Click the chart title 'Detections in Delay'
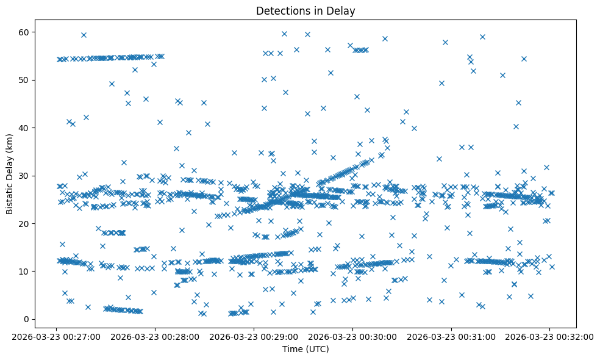point(305,11)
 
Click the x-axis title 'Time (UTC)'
point(305,349)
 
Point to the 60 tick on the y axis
point(26,32)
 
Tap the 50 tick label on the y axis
point(26,80)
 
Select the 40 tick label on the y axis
point(26,128)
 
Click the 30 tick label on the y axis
point(26,176)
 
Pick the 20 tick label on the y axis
point(26,223)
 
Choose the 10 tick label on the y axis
point(26,271)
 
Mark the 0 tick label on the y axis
point(28,319)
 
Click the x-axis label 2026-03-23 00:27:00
point(56,336)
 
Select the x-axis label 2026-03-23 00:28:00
point(155,336)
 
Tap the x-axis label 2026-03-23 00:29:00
point(254,336)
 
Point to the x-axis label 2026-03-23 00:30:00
point(352,336)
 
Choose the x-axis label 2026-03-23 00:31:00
point(451,336)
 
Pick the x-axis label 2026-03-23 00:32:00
point(549,336)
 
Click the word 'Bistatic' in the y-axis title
point(10,196)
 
